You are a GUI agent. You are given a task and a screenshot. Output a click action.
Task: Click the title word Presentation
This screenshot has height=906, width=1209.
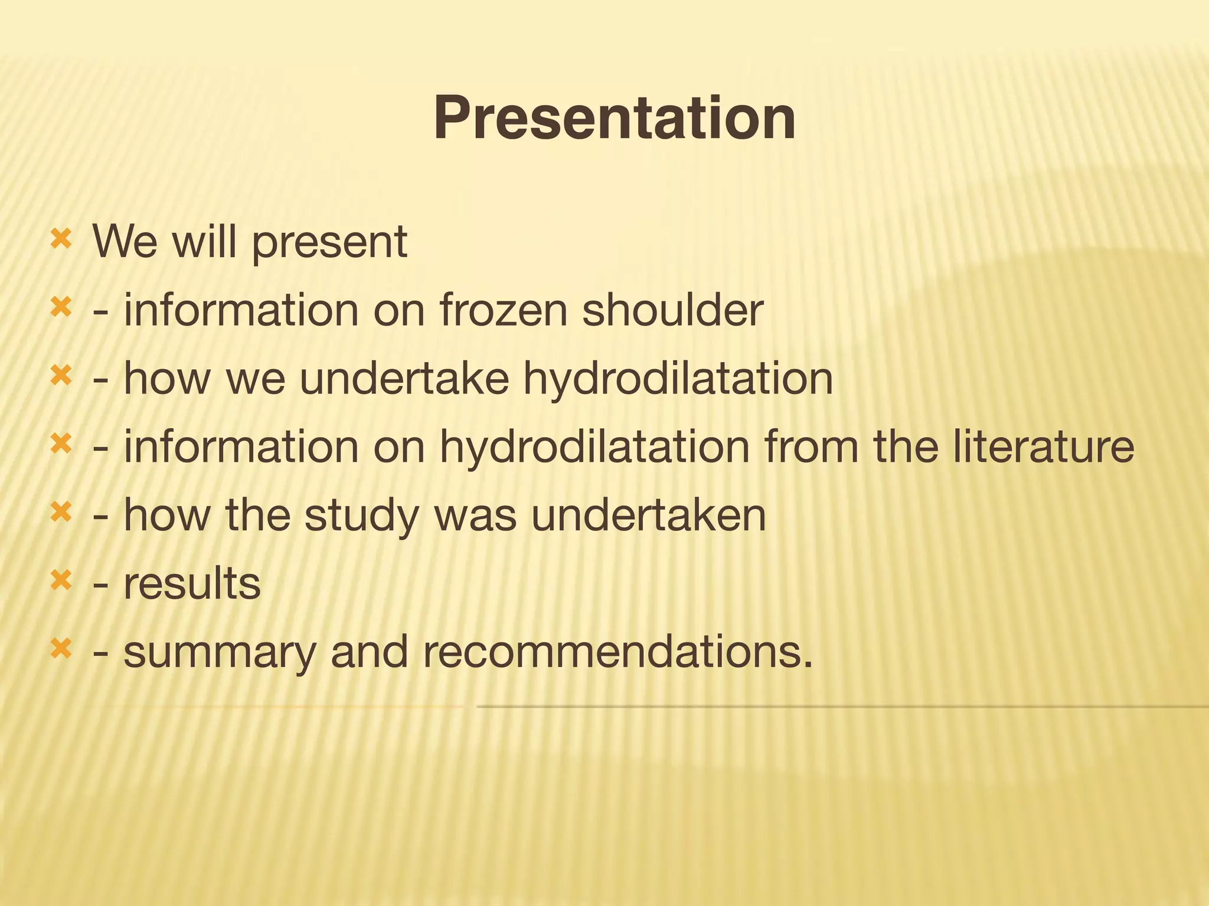click(x=614, y=119)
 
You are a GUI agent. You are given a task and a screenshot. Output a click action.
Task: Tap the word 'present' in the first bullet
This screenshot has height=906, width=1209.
click(x=329, y=243)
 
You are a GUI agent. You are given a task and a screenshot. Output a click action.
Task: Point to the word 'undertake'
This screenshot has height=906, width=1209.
click(x=404, y=379)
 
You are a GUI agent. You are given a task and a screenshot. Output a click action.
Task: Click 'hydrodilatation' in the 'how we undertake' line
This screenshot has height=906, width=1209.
click(x=678, y=379)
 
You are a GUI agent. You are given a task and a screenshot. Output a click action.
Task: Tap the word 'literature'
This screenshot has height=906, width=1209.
click(x=1044, y=447)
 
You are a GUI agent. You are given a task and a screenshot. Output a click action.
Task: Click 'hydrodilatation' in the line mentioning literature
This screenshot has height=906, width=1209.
click(x=594, y=447)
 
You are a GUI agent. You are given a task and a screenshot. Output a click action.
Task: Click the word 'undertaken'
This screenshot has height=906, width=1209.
click(x=648, y=516)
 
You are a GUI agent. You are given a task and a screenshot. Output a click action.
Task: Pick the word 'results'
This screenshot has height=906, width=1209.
click(x=192, y=584)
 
